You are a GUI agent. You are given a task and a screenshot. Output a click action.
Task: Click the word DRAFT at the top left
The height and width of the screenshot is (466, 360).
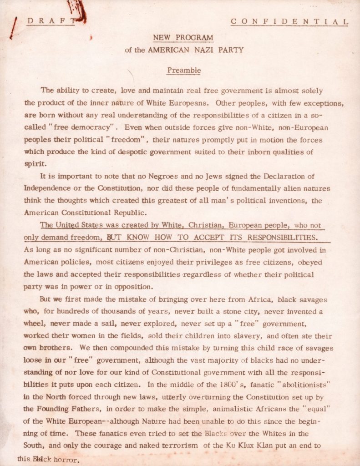tap(50, 20)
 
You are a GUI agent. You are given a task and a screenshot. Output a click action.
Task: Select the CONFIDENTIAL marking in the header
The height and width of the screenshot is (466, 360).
tap(289, 21)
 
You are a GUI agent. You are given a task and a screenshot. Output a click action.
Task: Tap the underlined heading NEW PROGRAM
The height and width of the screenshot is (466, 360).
tap(183, 38)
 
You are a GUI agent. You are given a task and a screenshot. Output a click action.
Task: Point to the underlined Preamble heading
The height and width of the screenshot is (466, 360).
tap(184, 71)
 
